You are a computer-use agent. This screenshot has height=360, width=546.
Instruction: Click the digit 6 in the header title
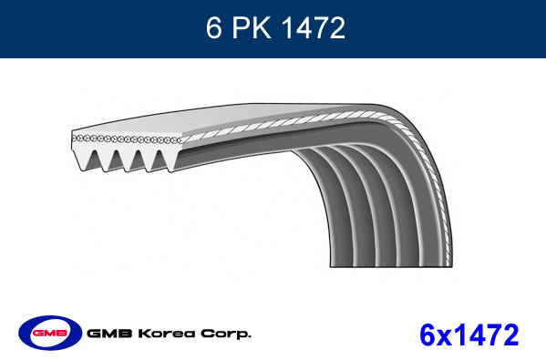tap(213, 27)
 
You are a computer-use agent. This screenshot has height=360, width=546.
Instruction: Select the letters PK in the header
tap(252, 27)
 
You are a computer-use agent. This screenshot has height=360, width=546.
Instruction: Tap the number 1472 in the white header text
tap(314, 27)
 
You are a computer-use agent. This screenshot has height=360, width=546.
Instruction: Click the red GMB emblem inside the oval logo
tap(50, 333)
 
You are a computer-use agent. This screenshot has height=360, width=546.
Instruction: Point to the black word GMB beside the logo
tap(109, 334)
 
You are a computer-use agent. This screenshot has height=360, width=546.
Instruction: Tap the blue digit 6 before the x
tap(428, 334)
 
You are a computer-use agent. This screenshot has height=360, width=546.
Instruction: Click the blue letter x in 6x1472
tap(444, 338)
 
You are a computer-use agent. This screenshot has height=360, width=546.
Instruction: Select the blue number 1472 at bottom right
tap(486, 334)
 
